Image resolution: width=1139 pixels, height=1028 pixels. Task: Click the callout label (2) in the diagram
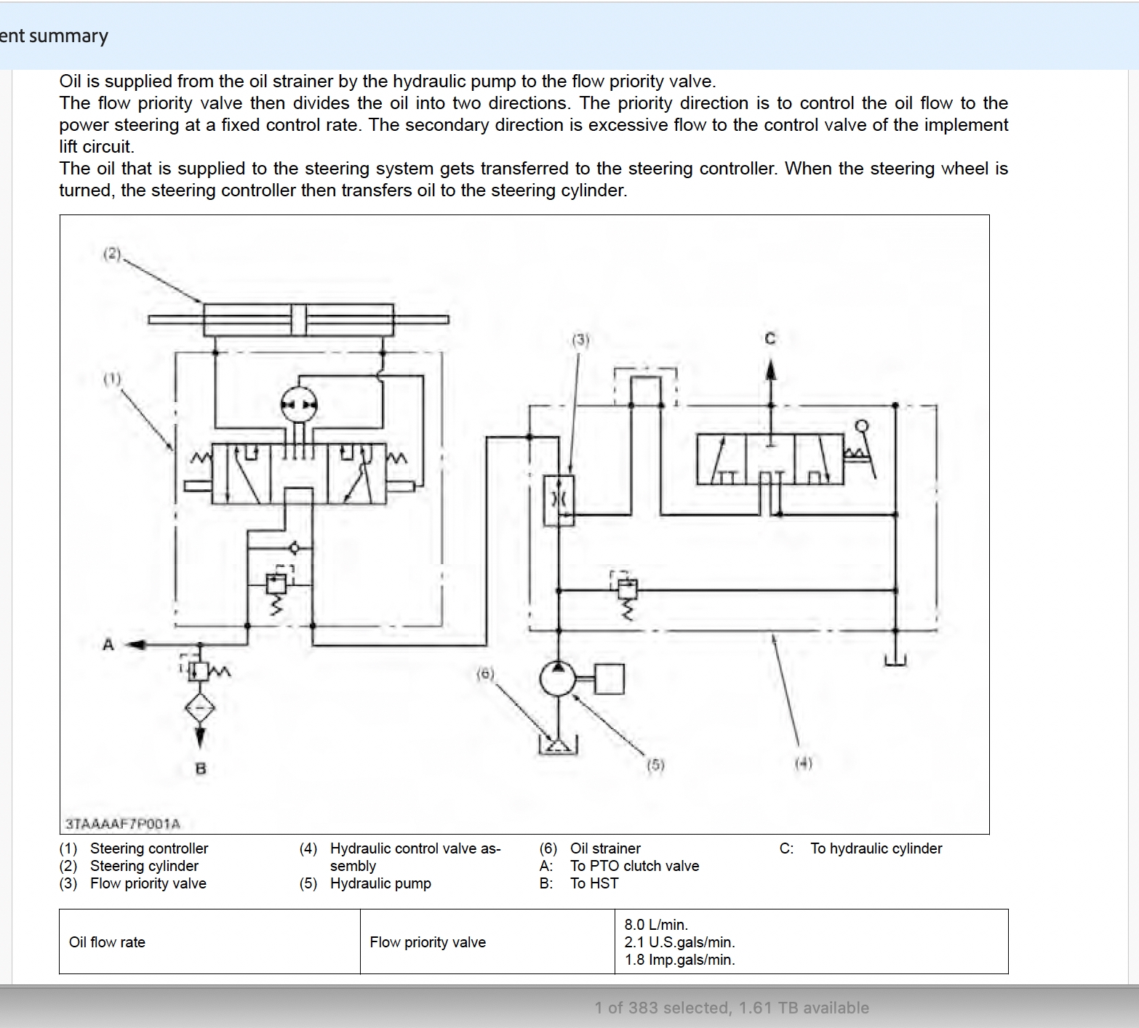(111, 254)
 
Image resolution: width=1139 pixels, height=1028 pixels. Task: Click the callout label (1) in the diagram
(111, 379)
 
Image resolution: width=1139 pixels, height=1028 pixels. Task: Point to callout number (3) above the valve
(580, 340)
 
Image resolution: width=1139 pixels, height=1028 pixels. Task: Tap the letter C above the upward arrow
(770, 338)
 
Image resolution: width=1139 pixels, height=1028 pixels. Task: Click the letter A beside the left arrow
(108, 644)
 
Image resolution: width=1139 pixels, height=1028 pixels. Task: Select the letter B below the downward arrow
(201, 768)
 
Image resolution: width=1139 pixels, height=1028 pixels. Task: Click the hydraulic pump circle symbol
(558, 679)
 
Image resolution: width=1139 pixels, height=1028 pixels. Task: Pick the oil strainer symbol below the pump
(558, 745)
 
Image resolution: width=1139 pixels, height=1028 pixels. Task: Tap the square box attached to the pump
(610, 679)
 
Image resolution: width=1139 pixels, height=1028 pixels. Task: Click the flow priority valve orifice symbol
(559, 500)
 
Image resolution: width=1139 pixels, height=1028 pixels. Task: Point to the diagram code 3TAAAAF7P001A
(123, 824)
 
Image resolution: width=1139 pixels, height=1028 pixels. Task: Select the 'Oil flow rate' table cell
(107, 942)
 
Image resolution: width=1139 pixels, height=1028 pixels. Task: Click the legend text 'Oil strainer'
(605, 848)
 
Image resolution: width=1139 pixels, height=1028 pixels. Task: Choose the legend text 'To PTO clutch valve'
(634, 866)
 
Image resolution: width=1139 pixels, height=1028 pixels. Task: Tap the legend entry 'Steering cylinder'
(144, 866)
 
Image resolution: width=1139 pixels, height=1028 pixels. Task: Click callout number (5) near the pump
(655, 765)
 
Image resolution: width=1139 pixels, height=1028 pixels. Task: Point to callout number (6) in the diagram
(485, 674)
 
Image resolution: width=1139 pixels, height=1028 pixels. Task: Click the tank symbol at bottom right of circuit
(895, 660)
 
